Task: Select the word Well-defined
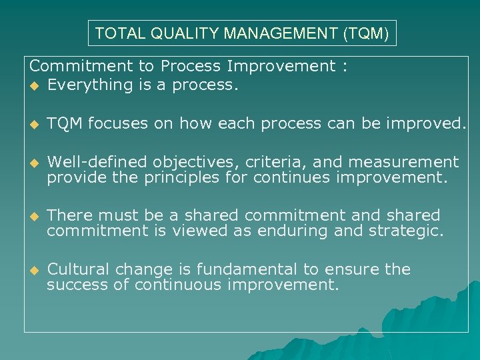tap(98, 162)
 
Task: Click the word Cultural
tap(79, 269)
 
